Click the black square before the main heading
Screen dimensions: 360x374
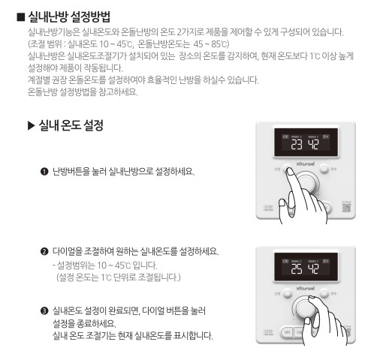click(20, 16)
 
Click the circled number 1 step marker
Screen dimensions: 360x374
click(45, 171)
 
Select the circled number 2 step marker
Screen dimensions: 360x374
click(45, 250)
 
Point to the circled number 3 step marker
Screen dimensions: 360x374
click(45, 310)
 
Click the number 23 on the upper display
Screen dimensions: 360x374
click(297, 144)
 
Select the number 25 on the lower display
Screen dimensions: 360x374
click(297, 268)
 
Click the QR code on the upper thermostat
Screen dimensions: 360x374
click(346, 208)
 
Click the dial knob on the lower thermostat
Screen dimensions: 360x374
click(307, 307)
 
